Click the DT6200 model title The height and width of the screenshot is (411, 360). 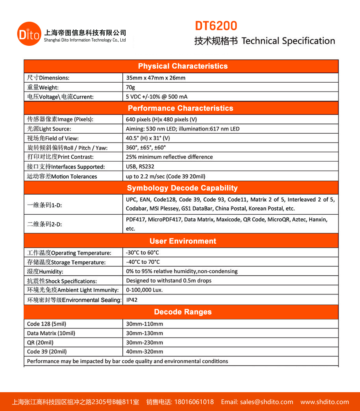[216, 26]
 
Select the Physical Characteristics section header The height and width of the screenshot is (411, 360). [182, 66]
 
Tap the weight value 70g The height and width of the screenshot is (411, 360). [130, 87]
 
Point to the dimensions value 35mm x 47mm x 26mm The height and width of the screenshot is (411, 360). [155, 78]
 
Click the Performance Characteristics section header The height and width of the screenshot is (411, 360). [180, 108]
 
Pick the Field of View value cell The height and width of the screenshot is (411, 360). [148, 138]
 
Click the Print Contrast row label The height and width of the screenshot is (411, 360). [60, 157]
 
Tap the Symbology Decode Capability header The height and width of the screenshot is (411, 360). [182, 188]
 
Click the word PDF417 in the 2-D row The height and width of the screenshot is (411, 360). [135, 220]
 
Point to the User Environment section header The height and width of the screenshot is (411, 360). [182, 241]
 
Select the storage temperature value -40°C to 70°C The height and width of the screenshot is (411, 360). [143, 262]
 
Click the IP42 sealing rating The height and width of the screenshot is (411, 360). [132, 300]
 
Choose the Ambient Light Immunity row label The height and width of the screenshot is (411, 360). [72, 290]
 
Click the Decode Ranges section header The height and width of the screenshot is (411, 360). [182, 312]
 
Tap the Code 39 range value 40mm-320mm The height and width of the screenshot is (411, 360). [144, 352]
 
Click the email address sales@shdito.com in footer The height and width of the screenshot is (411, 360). [266, 402]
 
